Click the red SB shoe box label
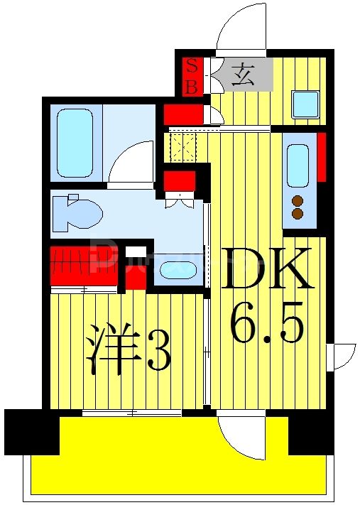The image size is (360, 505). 192,76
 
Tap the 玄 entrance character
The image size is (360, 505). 242,75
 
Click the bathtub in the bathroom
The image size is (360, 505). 75,142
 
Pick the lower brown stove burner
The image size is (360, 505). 298,213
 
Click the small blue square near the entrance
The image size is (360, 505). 305,104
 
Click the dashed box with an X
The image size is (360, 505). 185,148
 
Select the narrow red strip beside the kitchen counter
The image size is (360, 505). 321,156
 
